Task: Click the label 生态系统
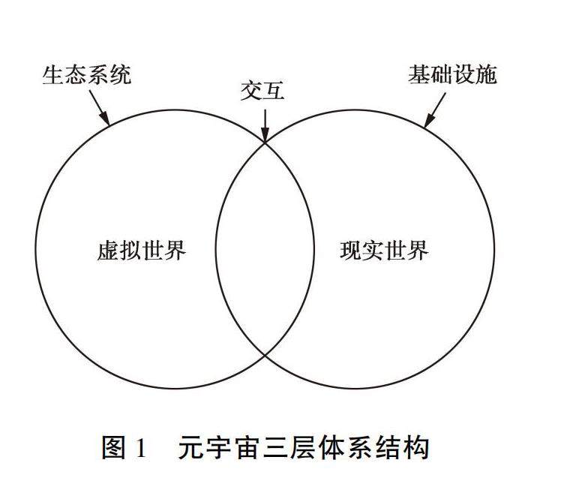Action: [86, 75]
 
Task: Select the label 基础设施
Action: [452, 74]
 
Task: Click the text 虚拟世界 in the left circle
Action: [142, 250]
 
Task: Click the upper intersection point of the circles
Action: [265, 141]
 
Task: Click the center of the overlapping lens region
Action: [265, 248]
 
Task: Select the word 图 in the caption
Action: [114, 449]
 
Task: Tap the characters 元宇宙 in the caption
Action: [214, 449]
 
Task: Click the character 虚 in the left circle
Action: [108, 250]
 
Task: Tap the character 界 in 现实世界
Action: [418, 250]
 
